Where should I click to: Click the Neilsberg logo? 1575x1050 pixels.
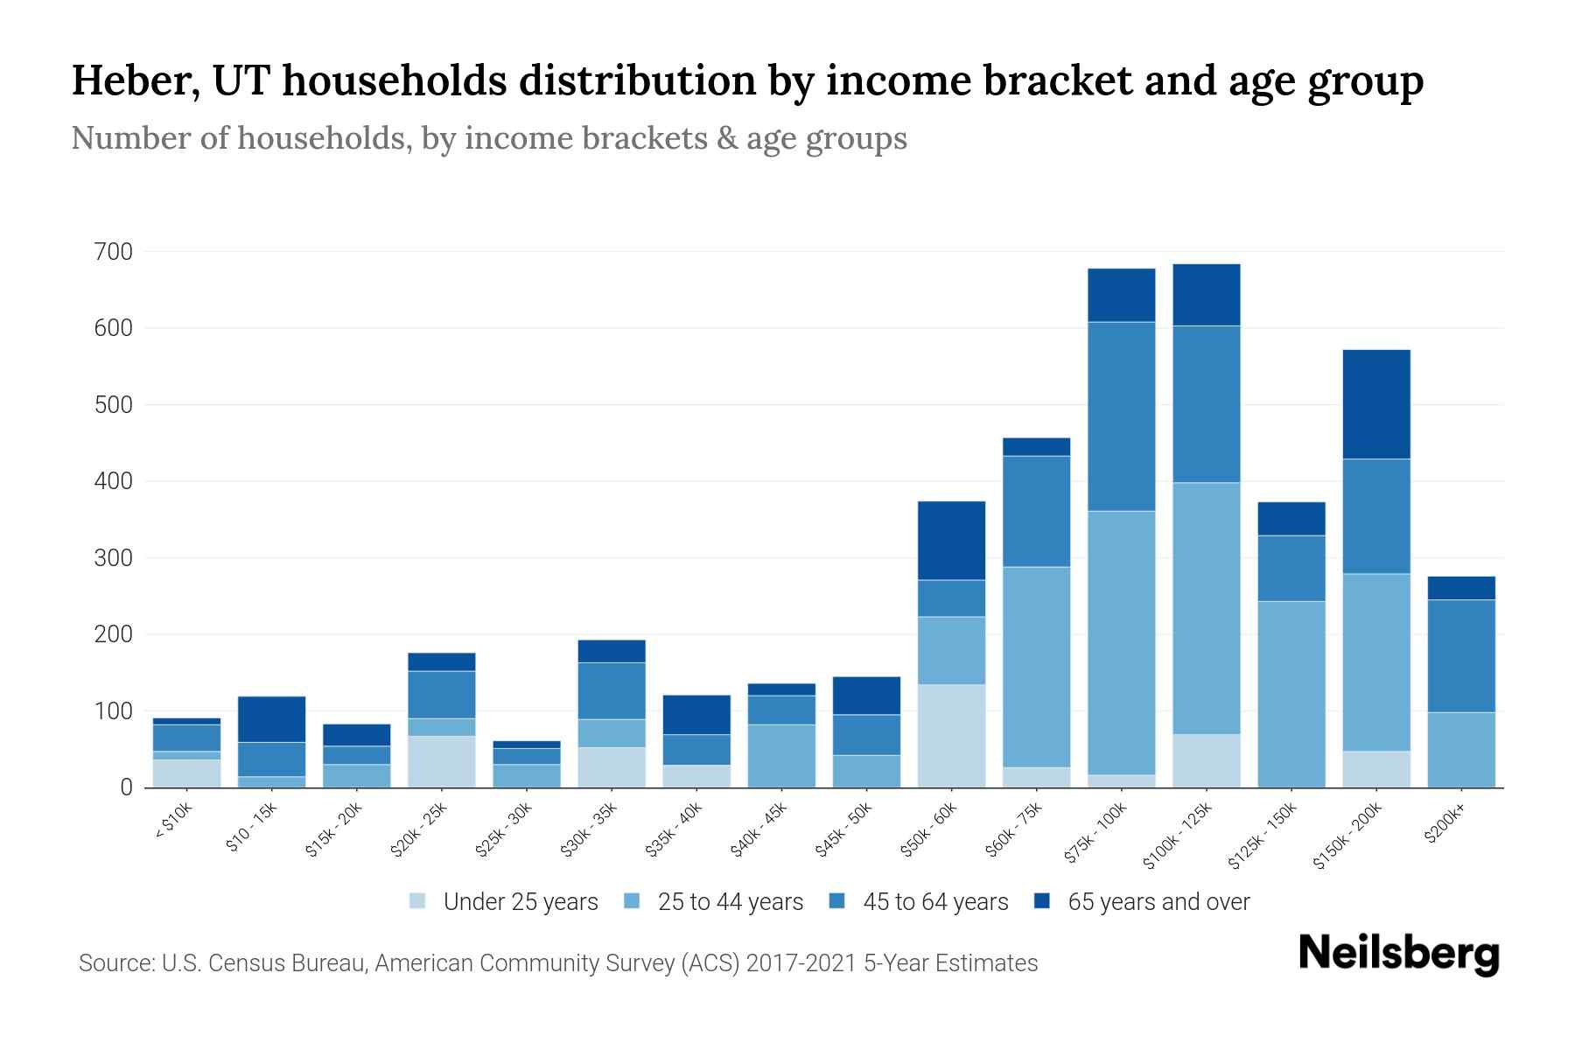1398,954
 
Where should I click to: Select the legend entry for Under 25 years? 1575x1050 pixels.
520,902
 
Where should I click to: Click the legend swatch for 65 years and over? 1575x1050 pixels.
1042,901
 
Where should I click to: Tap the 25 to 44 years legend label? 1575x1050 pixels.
730,902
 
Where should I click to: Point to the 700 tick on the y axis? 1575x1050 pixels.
114,252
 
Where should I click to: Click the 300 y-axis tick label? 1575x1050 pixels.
114,558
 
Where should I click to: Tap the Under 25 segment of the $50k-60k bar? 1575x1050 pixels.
951,735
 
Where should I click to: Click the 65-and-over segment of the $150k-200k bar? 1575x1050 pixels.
1376,404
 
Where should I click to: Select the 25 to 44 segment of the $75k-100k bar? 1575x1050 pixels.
1121,642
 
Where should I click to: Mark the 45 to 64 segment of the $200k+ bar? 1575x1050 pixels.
1461,655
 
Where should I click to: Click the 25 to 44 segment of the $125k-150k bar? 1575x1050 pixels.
1291,694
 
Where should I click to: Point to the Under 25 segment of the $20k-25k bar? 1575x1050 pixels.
441,761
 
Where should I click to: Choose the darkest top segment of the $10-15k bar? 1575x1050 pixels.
271,719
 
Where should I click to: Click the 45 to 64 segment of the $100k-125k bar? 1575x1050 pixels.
1206,404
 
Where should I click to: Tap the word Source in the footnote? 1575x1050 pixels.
115,963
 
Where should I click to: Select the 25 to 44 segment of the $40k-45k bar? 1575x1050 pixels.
781,755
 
